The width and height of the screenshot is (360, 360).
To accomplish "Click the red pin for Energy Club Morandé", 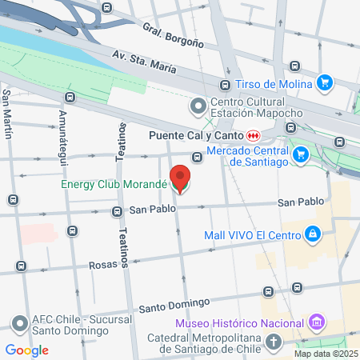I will pos(181,178).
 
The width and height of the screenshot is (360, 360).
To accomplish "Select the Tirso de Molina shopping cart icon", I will pos(324,82).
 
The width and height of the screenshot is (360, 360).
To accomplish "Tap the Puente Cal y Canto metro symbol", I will pos(253,136).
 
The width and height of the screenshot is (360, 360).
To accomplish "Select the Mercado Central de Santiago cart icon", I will pos(301,154).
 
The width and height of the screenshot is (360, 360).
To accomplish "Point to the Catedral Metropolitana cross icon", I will pos(274,342).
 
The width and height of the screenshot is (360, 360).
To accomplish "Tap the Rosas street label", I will pos(104,263).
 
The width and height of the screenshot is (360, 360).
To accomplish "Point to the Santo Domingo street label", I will pos(174,305).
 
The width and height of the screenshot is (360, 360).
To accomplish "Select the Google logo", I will pos(27,350).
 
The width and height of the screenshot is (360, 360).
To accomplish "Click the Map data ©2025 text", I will pos(326,354).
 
